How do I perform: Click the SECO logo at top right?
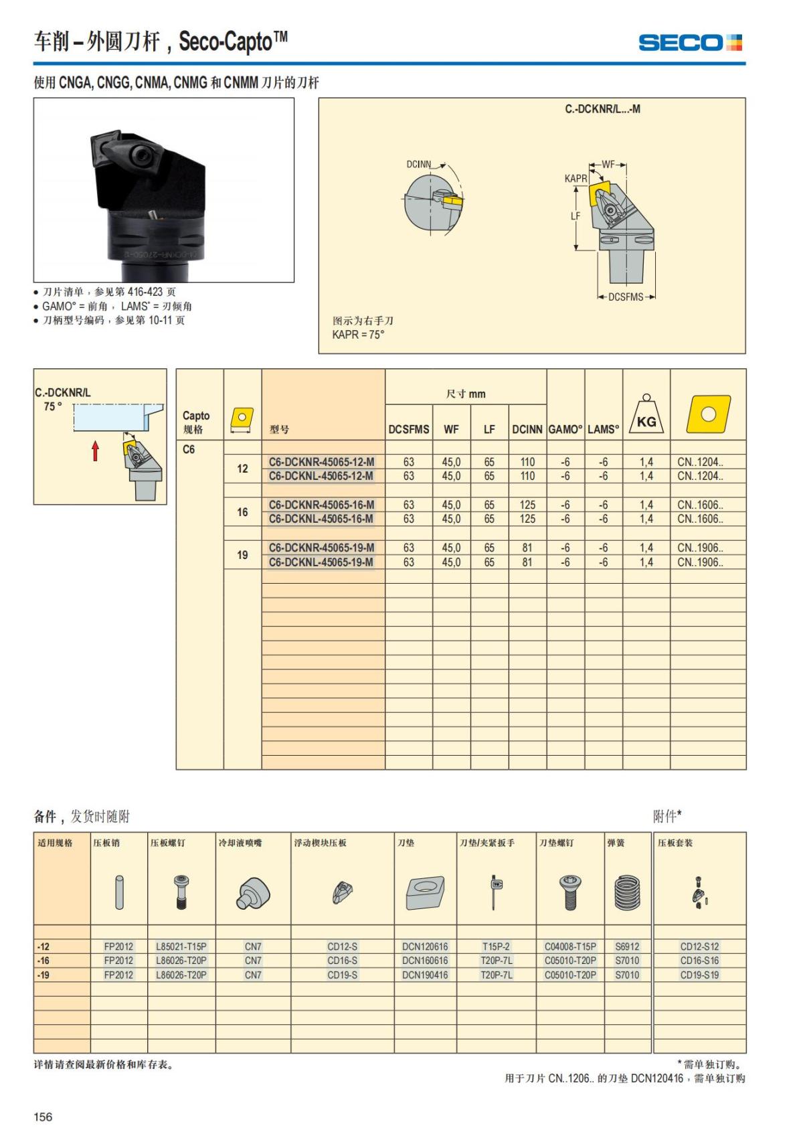click(x=690, y=44)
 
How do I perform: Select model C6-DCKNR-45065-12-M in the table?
click(x=321, y=462)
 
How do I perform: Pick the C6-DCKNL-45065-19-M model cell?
click(x=321, y=562)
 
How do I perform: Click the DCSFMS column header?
click(x=409, y=430)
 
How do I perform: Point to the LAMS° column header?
click(x=603, y=430)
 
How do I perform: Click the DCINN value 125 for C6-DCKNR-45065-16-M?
click(x=527, y=505)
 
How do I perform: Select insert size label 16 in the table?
click(x=242, y=512)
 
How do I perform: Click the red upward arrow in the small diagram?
click(x=96, y=451)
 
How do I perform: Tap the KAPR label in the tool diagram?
click(x=575, y=179)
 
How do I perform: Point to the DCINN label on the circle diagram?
click(x=419, y=164)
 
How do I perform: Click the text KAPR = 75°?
click(x=359, y=335)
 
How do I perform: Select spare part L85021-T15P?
click(x=181, y=947)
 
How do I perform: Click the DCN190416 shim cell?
click(x=425, y=975)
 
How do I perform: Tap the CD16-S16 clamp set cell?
click(x=699, y=961)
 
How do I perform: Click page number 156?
click(x=43, y=1117)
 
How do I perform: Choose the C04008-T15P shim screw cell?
click(x=570, y=947)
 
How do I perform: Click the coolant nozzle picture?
click(x=253, y=894)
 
